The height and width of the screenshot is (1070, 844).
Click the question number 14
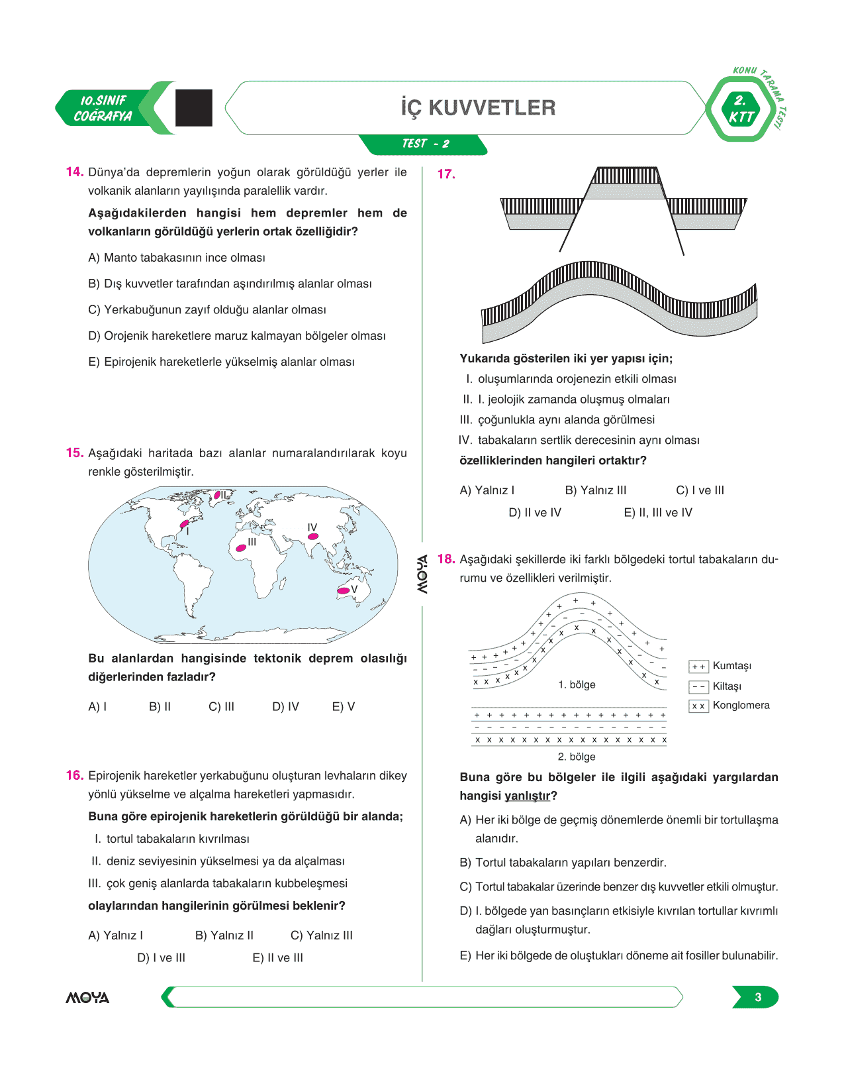(74, 172)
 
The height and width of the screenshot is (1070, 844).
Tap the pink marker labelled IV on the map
(313, 536)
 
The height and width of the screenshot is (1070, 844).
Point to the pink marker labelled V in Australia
(344, 590)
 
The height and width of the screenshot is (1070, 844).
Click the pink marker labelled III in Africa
(241, 548)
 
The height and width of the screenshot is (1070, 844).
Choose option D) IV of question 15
(285, 707)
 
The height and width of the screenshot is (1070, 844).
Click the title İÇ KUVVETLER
(478, 108)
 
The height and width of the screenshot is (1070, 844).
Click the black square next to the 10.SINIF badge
(194, 108)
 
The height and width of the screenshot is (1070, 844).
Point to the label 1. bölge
(577, 684)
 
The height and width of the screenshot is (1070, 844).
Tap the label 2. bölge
(577, 757)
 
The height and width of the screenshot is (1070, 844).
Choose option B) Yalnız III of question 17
(595, 491)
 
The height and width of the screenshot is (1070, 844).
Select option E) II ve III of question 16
(278, 958)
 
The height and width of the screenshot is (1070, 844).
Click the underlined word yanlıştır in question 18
(527, 796)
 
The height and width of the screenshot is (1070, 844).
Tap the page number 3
(758, 997)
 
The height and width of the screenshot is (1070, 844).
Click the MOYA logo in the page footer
(87, 998)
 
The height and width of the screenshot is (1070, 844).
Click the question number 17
(446, 174)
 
